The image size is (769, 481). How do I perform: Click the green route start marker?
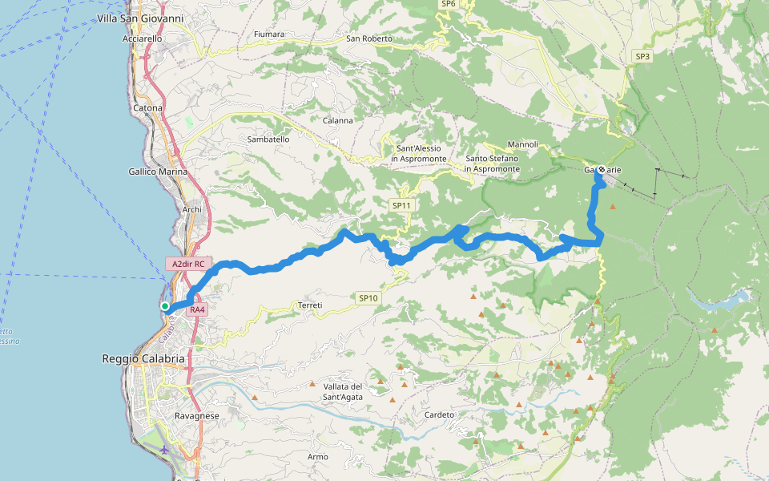[164, 306]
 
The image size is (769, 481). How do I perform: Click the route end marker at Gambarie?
[601, 169]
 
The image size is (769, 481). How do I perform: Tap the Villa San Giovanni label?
[140, 18]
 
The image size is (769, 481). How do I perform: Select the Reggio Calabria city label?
[143, 358]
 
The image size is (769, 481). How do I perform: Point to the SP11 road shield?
[401, 206]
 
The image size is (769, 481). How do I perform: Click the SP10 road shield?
[368, 298]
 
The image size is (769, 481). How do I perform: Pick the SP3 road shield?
[642, 56]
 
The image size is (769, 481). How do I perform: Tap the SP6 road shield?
[448, 4]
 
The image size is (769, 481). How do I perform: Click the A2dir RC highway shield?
[189, 263]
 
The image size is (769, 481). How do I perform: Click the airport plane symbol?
[164, 449]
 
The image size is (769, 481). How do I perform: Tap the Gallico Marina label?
[158, 172]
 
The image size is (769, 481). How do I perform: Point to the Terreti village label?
[310, 305]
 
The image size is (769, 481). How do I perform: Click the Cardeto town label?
[440, 414]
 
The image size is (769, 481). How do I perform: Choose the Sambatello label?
[268, 139]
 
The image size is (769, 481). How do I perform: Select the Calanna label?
[338, 121]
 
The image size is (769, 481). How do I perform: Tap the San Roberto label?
[369, 38]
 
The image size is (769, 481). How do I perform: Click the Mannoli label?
[523, 144]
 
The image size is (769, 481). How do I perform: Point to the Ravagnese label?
[197, 416]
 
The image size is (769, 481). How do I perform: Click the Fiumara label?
[268, 34]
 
